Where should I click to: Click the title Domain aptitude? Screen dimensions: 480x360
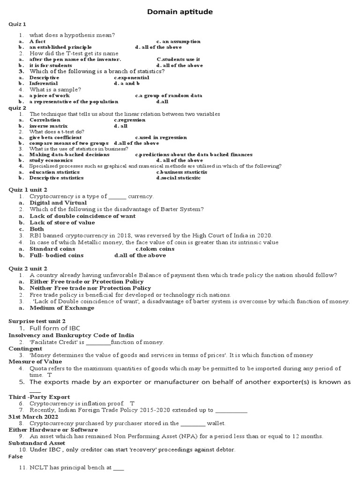pos(180,11)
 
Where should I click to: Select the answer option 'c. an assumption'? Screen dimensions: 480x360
pos(178,41)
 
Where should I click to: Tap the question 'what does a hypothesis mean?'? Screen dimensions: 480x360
pos(72,35)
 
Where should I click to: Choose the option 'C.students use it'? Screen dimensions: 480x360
pos(178,60)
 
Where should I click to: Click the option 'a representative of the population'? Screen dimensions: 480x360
pos(74,101)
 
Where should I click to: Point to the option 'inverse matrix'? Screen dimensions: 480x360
pos(48,126)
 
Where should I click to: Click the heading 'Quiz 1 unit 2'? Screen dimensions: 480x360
pos(28,189)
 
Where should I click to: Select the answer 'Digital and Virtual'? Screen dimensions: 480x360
pos(58,202)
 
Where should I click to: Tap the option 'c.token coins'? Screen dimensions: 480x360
pos(155,249)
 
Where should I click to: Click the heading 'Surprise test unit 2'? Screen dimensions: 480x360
pos(37,321)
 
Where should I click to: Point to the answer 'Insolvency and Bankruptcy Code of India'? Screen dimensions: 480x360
pos(71,335)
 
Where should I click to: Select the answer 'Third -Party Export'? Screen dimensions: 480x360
pos(39,397)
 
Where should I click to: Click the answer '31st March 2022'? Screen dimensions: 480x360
pos(32,416)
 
